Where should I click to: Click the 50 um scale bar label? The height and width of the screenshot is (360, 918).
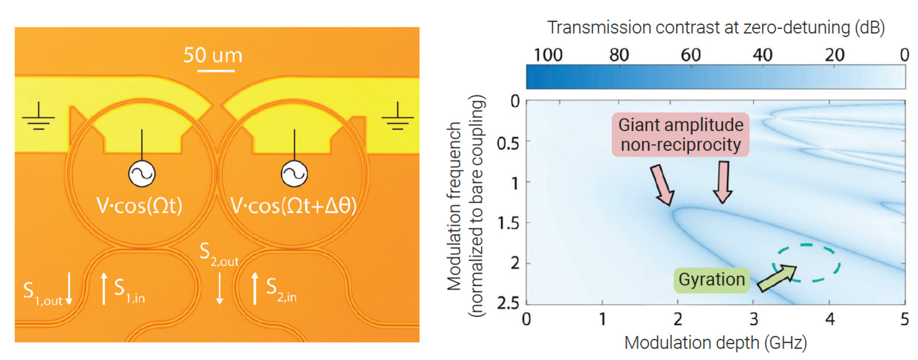(x=213, y=55)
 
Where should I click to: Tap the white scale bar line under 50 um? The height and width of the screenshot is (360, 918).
(x=216, y=71)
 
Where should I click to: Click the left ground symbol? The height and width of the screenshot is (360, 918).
(x=38, y=117)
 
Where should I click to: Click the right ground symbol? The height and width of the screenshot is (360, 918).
(x=397, y=117)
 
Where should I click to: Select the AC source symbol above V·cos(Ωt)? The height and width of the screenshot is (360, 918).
(x=142, y=174)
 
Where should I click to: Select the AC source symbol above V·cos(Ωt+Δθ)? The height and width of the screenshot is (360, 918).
(x=294, y=174)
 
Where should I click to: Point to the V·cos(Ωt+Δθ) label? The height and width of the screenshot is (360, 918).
(x=293, y=206)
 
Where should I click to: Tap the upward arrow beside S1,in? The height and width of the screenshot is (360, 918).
(x=104, y=288)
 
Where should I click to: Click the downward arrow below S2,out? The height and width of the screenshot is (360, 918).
(x=220, y=288)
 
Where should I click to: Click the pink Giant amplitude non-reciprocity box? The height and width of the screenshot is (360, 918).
(x=680, y=135)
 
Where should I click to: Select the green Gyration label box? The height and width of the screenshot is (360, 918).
(x=712, y=280)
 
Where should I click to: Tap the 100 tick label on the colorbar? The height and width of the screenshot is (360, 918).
(x=548, y=55)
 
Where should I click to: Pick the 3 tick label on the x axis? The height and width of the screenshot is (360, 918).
(x=753, y=319)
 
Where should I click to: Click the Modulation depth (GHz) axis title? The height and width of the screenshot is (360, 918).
(x=716, y=343)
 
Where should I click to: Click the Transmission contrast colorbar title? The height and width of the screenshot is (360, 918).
(x=716, y=28)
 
